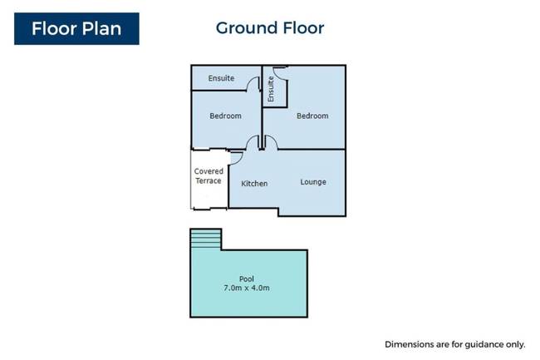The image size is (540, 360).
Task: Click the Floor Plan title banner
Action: point(76,28)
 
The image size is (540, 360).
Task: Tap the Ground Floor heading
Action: point(270,28)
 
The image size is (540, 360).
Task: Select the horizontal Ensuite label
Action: point(221,78)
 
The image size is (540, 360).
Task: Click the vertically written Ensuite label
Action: point(271,89)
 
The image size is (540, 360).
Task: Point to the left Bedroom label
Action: point(226,116)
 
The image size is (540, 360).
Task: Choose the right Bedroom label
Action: point(312,116)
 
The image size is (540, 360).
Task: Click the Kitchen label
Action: point(254,184)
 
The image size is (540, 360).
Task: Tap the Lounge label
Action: point(313,182)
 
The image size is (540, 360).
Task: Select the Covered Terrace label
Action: point(209,176)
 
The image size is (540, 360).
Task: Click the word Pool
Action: point(247,279)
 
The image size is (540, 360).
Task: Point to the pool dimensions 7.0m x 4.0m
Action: point(247,288)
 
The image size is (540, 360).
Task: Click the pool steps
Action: point(205,239)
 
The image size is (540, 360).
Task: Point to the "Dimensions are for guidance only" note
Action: point(455,344)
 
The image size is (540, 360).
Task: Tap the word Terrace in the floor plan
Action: point(209,181)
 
